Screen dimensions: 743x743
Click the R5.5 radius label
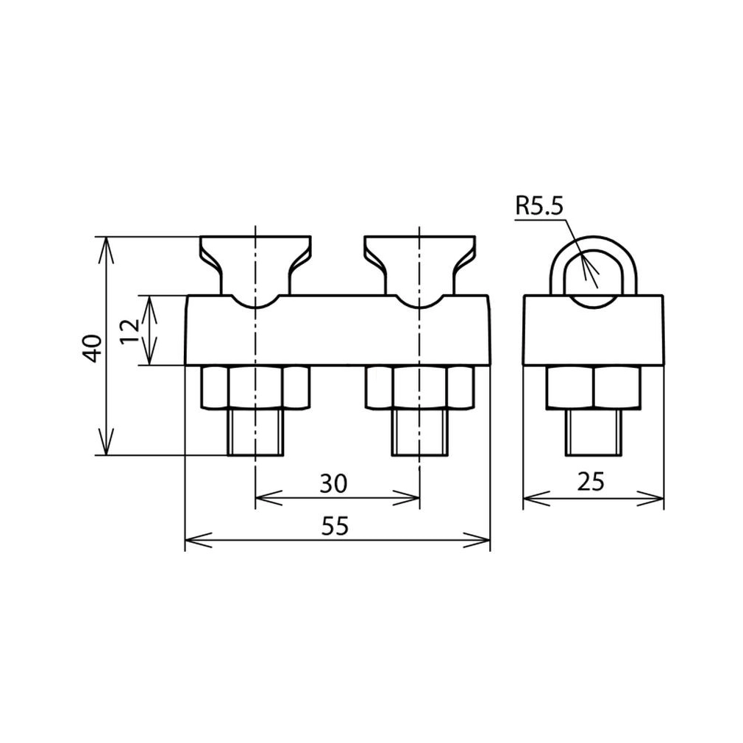coord(539,207)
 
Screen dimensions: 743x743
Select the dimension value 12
coord(130,331)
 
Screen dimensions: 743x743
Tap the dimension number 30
coord(333,484)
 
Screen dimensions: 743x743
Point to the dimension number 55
coord(335,526)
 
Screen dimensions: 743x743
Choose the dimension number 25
coord(591,482)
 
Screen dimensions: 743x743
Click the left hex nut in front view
coord(256,387)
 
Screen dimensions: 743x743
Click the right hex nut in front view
coord(420,387)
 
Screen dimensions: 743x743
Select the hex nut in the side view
coord(594,387)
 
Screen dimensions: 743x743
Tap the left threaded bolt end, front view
coord(256,432)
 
